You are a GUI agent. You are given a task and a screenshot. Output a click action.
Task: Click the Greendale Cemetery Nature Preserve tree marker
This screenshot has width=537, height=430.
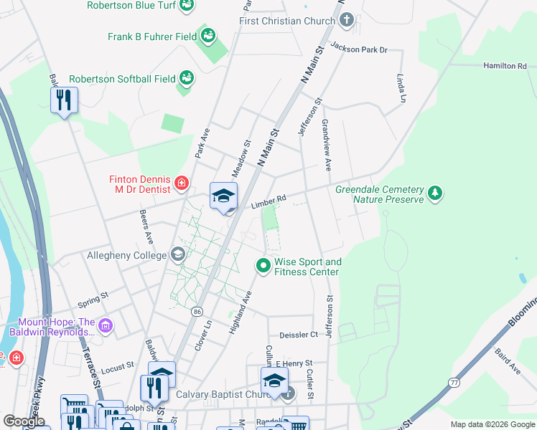click(434, 193)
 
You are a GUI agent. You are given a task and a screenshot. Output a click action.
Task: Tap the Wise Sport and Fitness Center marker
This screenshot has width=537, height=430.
click(263, 266)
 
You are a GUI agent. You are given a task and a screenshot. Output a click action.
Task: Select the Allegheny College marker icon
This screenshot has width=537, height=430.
click(177, 254)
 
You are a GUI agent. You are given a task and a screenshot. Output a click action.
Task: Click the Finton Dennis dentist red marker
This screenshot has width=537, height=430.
click(181, 183)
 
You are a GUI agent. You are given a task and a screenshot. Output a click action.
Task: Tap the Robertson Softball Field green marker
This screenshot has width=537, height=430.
click(186, 77)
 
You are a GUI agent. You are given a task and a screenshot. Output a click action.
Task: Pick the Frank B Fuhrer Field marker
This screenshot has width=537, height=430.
click(208, 34)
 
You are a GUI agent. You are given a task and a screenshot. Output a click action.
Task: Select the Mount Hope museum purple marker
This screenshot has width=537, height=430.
click(106, 327)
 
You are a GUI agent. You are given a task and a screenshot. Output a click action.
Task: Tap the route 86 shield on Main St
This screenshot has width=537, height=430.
click(196, 312)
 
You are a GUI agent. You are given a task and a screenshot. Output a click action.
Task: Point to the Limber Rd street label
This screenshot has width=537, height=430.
click(268, 202)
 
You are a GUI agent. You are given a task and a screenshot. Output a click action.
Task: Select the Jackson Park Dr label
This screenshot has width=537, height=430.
click(358, 49)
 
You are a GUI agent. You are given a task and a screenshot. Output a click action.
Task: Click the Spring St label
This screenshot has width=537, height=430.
click(93, 295)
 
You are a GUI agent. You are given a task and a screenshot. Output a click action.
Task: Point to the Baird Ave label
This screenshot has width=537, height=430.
click(508, 361)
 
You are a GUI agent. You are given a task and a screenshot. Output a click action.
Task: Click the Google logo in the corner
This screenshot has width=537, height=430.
click(24, 421)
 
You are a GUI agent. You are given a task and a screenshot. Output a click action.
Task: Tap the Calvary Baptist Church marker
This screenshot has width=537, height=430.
click(288, 393)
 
